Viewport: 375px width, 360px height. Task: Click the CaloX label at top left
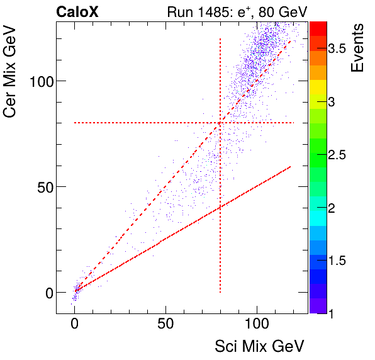pyautogui.click(x=77, y=11)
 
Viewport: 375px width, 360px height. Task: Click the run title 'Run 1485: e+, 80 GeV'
pyautogui.click(x=236, y=11)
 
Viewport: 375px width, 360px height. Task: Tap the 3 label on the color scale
pyautogui.click(x=334, y=102)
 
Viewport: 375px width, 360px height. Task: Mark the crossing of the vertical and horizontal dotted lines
pyautogui.click(x=220, y=123)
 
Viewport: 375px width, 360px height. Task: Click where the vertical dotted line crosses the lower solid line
pyautogui.click(x=220, y=208)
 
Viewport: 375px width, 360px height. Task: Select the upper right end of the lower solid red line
pyautogui.click(x=290, y=167)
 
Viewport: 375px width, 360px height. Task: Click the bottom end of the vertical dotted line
pyautogui.click(x=220, y=292)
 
